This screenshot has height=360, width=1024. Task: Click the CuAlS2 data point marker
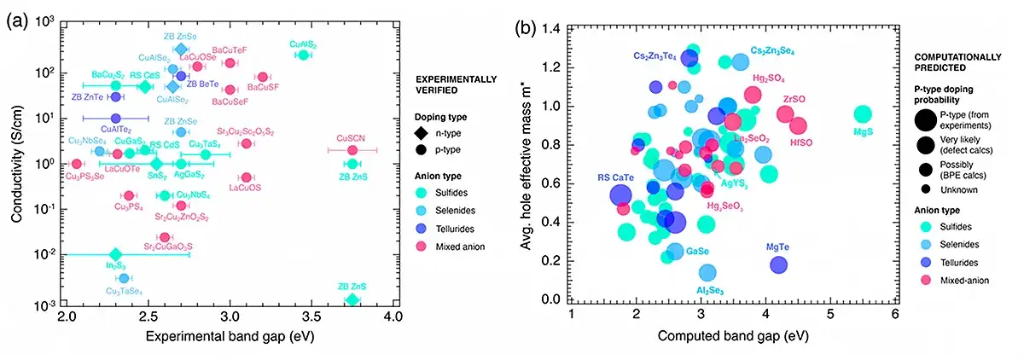pos(302,55)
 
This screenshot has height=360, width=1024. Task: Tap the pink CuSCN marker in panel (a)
pos(352,150)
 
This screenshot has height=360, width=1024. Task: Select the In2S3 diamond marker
pos(116,254)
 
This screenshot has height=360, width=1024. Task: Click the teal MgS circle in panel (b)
pos(863,114)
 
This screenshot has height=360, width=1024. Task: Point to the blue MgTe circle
pos(778,264)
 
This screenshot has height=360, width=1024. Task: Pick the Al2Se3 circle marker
pos(707,272)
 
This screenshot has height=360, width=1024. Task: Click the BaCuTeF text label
pos(229,50)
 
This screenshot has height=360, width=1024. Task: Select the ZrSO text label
pos(794,99)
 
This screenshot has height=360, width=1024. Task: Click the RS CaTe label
pos(615,177)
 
